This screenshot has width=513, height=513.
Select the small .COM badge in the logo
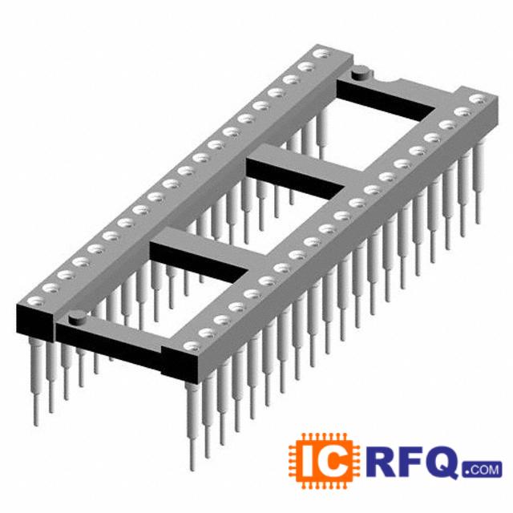click(482, 470)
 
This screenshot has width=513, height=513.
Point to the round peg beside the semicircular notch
click(361, 73)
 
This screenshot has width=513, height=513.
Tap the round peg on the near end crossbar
click(78, 317)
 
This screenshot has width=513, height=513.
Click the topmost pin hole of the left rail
click(321, 55)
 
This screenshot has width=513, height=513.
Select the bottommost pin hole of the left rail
click(35, 301)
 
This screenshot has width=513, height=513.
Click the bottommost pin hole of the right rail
click(192, 346)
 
